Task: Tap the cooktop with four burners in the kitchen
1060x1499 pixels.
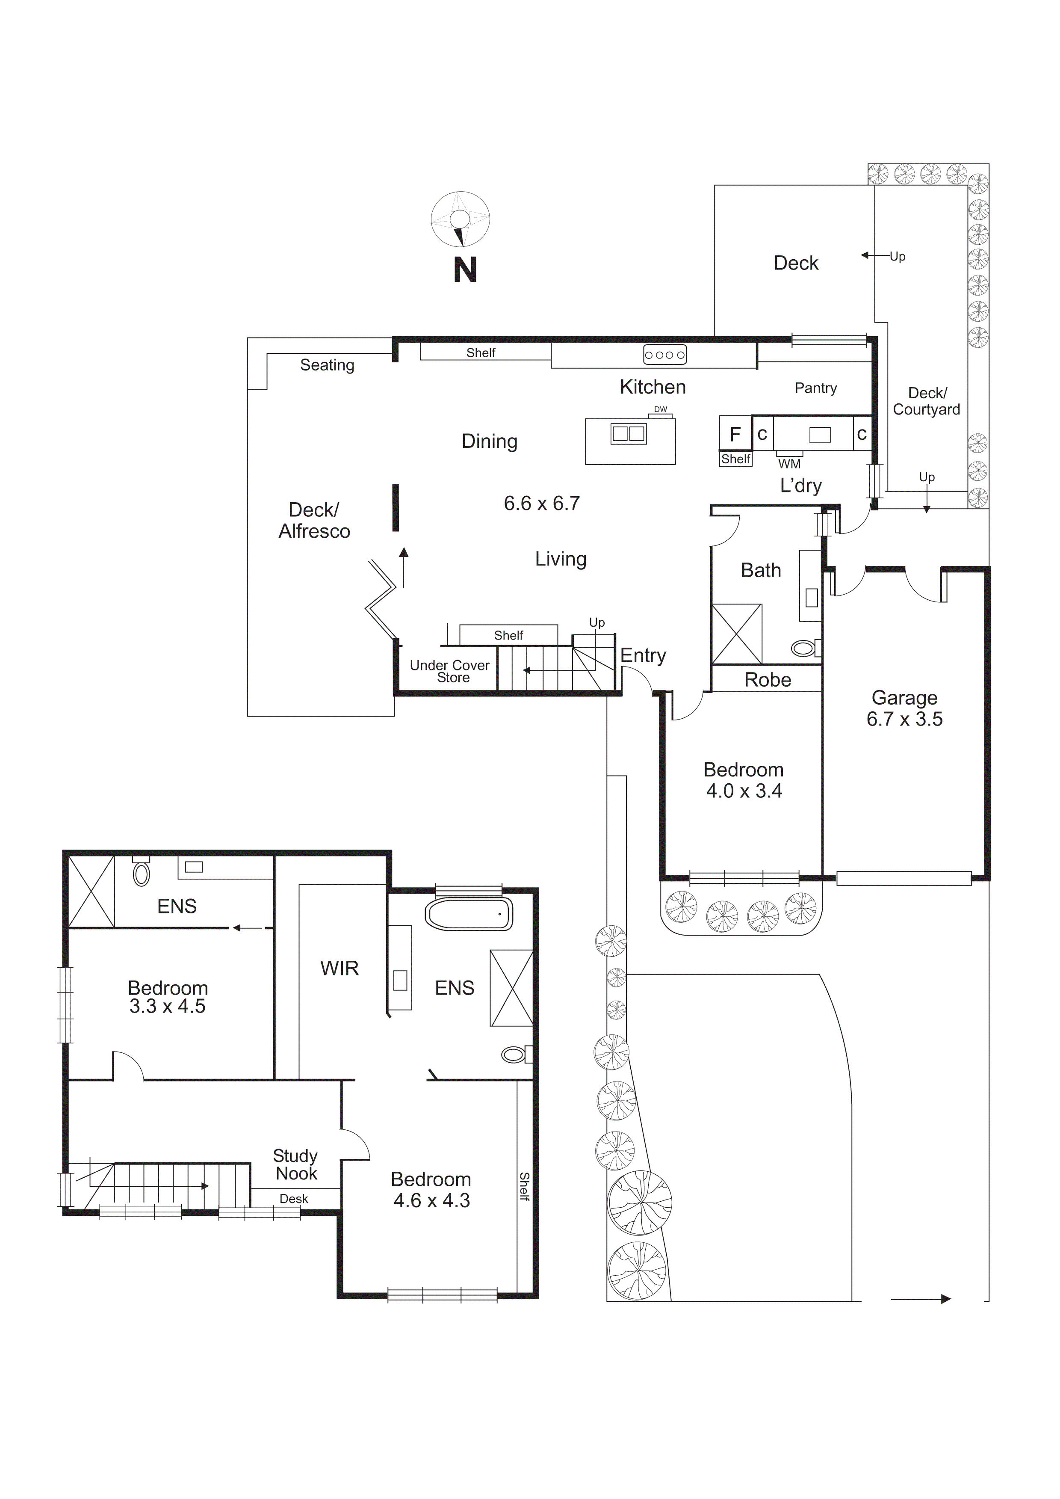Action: click(x=664, y=355)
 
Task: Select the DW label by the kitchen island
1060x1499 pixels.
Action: click(x=661, y=410)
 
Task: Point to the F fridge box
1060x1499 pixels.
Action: click(x=735, y=434)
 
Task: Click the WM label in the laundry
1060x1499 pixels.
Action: click(x=789, y=464)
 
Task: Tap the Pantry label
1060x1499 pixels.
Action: click(x=815, y=388)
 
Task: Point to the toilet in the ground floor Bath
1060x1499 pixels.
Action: click(x=804, y=648)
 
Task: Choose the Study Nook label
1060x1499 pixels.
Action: click(x=295, y=1165)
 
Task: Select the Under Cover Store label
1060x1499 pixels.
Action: click(x=450, y=671)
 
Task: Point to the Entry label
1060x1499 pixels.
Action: click(x=643, y=655)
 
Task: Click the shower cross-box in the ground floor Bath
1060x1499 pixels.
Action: click(x=736, y=633)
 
